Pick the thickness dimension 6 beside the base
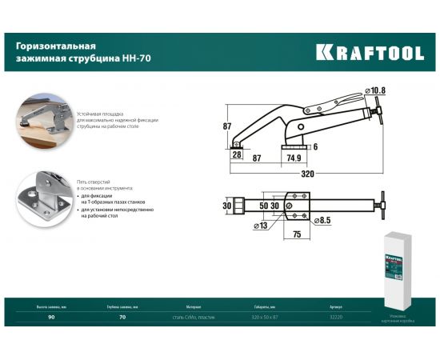pyautogui.click(x=315, y=146)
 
